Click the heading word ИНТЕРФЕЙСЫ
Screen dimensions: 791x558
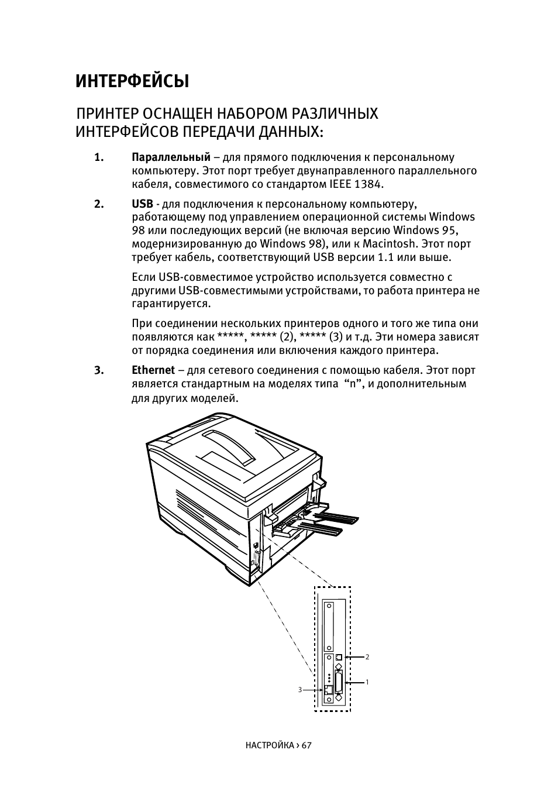tap(132, 81)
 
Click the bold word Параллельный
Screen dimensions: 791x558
tap(171, 157)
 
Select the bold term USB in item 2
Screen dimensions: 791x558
tap(142, 204)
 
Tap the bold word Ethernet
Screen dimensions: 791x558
tap(153, 370)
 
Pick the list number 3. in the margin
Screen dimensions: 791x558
tap(99, 370)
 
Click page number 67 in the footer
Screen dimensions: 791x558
tap(307, 745)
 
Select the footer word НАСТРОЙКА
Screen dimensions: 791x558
tap(270, 745)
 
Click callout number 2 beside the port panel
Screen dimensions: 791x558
tap(367, 657)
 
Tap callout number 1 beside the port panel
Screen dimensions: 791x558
tap(367, 682)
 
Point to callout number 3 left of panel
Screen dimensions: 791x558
tap(300, 690)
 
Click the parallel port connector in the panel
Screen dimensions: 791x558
tap(339, 682)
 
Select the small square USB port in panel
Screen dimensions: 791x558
tap(339, 657)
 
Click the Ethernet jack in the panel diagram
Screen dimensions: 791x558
tap(328, 690)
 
